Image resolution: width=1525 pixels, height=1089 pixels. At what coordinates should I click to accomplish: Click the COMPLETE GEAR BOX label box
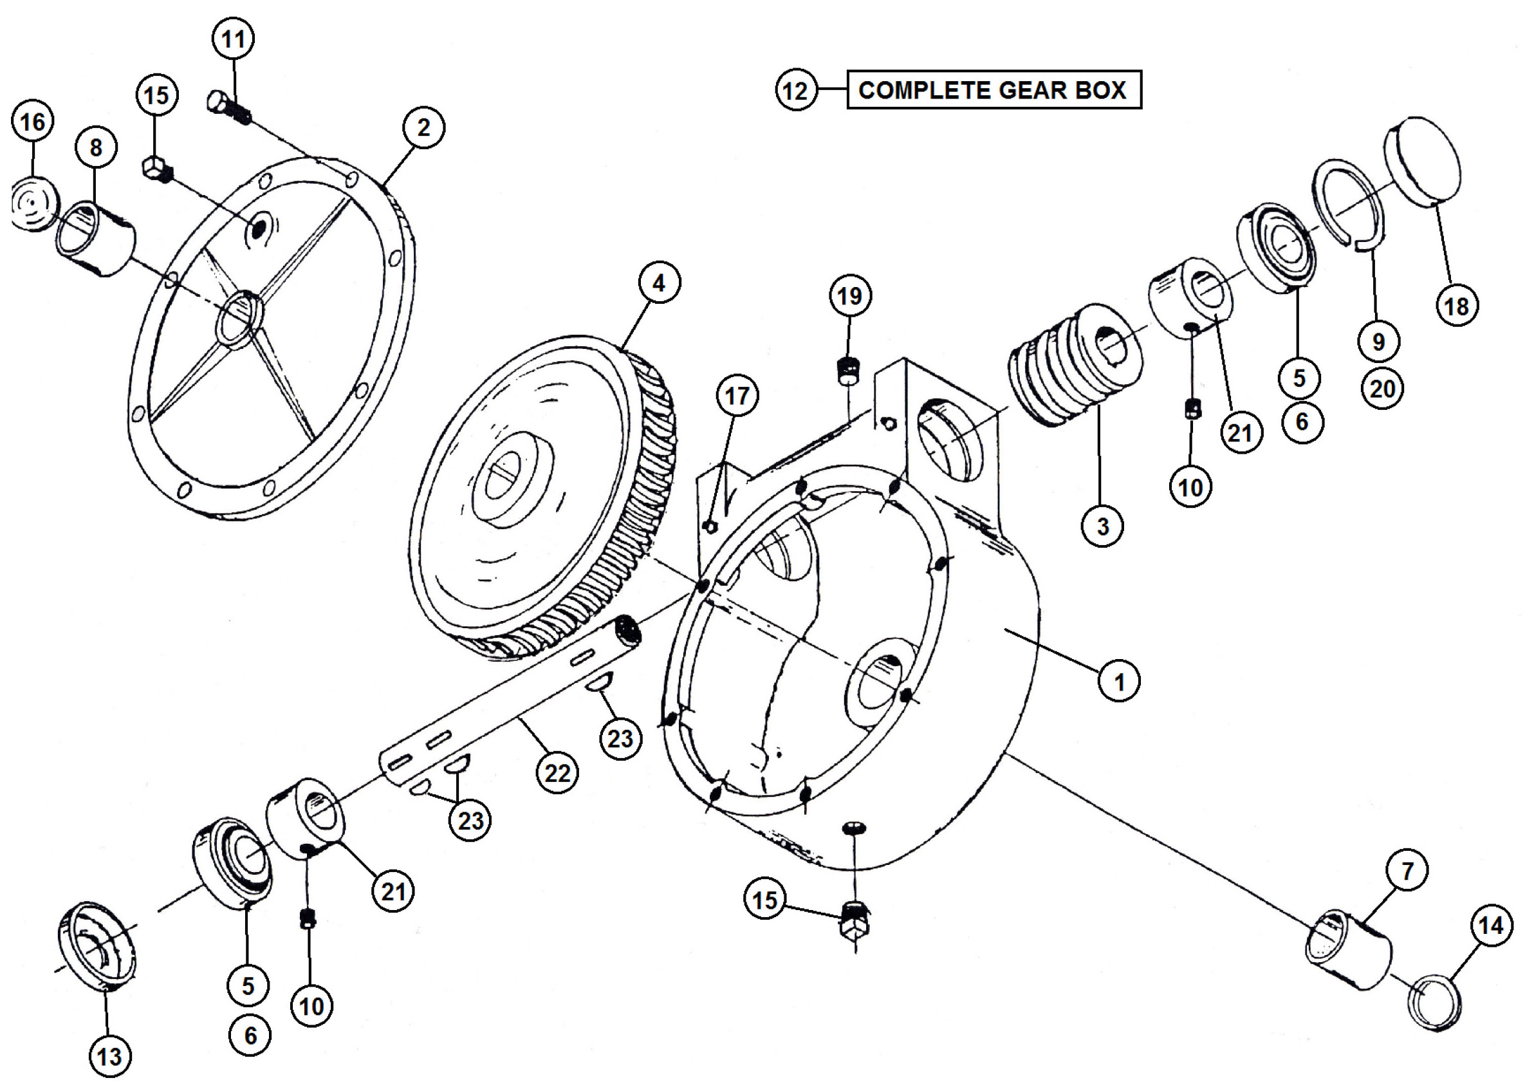[x=994, y=89]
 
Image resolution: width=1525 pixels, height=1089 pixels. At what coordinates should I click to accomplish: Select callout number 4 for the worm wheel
[x=659, y=283]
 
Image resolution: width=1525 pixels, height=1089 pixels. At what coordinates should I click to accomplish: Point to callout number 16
[x=32, y=122]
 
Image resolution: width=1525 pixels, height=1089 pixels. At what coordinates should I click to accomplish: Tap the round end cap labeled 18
[x=1423, y=159]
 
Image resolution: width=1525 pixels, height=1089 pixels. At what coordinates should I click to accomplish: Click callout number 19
[x=849, y=295]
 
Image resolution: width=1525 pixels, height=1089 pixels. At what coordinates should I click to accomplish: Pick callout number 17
[x=737, y=396]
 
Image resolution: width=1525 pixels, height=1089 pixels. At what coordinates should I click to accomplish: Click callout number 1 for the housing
[x=1119, y=682]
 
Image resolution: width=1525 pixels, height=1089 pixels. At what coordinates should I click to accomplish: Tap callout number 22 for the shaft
[x=557, y=773]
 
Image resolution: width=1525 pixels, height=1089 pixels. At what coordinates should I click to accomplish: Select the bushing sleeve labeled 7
[x=1349, y=951]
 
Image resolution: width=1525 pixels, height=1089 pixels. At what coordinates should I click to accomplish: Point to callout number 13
[x=109, y=1057]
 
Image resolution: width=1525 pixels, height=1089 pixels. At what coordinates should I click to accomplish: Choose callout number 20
[x=1382, y=388]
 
